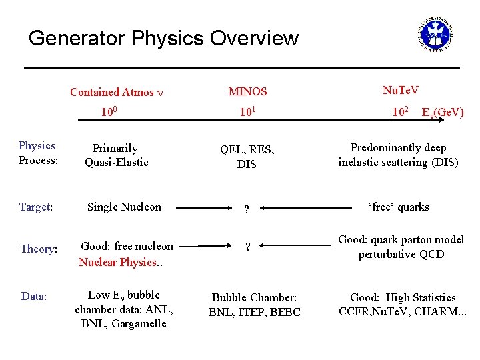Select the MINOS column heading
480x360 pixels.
pyautogui.click(x=247, y=91)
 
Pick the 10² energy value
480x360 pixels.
pyautogui.click(x=400, y=111)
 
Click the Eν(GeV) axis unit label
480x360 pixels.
pyautogui.click(x=443, y=113)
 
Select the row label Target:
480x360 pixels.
pyautogui.click(x=35, y=207)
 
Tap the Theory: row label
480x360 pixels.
pyautogui.click(x=38, y=249)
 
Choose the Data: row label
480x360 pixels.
pyautogui.click(x=34, y=296)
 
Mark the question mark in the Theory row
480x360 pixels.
pyautogui.click(x=247, y=247)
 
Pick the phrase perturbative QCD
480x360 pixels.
pyautogui.click(x=401, y=254)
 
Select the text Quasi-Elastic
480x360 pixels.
pyautogui.click(x=116, y=162)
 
